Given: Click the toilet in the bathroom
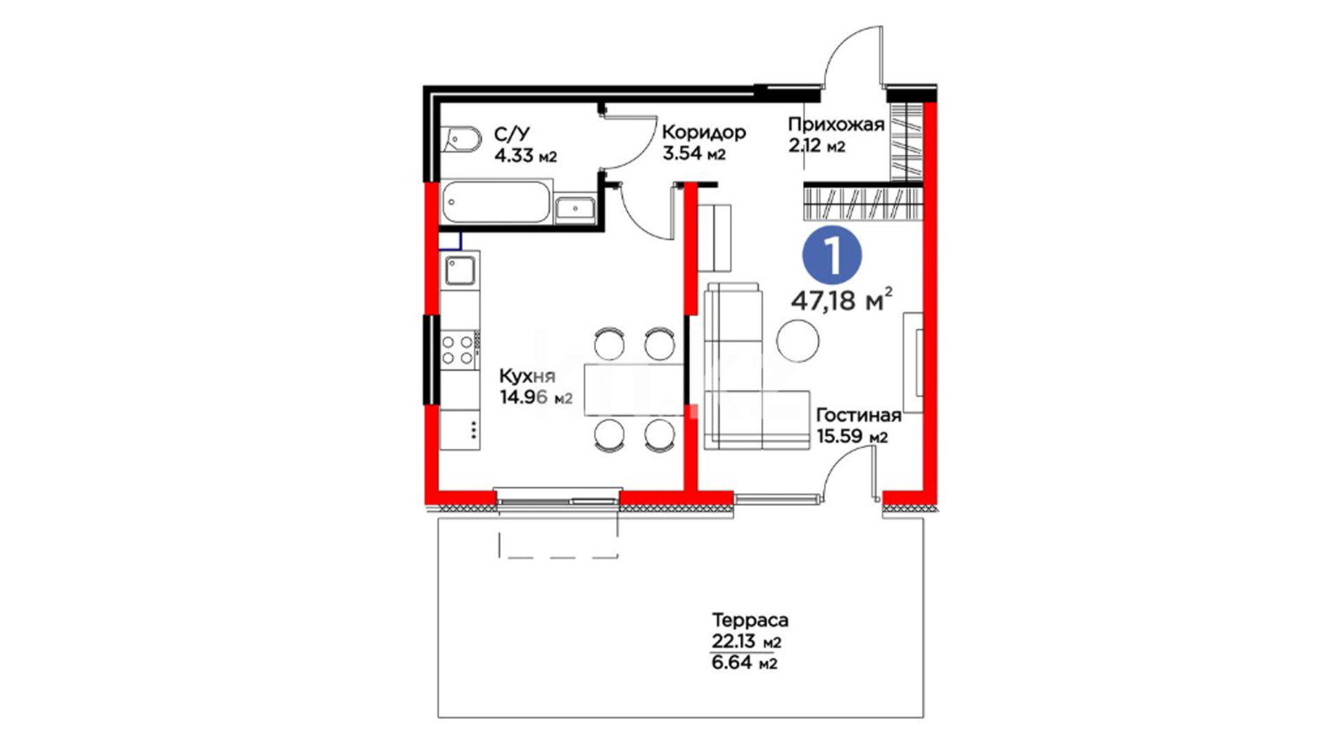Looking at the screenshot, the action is pyautogui.click(x=461, y=140).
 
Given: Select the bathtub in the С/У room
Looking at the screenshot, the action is pyautogui.click(x=496, y=202).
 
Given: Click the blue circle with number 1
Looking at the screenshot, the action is pyautogui.click(x=833, y=256).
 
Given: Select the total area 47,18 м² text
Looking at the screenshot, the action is pyautogui.click(x=841, y=300).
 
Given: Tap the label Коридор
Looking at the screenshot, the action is pyautogui.click(x=704, y=132).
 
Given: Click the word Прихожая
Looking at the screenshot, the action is pyautogui.click(x=836, y=125).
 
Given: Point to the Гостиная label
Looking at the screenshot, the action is pyautogui.click(x=859, y=415).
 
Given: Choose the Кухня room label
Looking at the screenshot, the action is pyautogui.click(x=527, y=377).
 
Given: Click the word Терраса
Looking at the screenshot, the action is pyautogui.click(x=750, y=620).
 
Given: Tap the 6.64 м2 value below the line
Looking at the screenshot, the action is pyautogui.click(x=744, y=663).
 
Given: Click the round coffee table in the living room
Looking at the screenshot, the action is pyautogui.click(x=798, y=341).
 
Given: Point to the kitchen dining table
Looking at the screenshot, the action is pyautogui.click(x=633, y=389).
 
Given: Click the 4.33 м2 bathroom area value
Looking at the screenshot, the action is pyautogui.click(x=526, y=155).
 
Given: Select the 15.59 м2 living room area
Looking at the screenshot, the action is pyautogui.click(x=852, y=437).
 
